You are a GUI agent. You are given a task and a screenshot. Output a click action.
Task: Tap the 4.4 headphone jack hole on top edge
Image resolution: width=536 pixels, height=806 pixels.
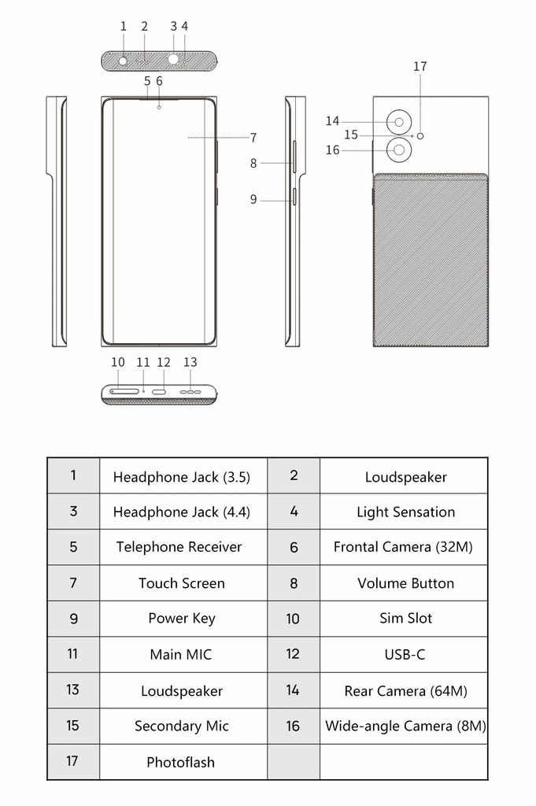173,58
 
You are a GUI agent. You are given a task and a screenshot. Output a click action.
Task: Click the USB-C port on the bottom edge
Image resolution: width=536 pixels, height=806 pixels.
160,391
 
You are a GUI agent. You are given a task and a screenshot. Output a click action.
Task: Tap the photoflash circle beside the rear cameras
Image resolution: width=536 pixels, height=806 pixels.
421,135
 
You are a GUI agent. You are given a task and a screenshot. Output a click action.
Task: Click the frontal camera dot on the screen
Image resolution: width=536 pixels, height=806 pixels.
160,106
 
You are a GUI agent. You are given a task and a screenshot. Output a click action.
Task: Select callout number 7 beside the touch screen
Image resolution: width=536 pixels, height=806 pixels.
253,138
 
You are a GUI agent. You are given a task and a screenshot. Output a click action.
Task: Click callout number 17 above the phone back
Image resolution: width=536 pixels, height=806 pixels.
420,67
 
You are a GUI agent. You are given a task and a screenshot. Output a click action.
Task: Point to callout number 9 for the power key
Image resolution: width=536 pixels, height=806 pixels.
253,200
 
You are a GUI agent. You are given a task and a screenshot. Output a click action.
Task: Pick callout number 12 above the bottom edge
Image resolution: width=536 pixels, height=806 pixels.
164,362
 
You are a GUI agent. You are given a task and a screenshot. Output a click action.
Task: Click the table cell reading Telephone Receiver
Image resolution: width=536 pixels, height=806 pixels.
179,547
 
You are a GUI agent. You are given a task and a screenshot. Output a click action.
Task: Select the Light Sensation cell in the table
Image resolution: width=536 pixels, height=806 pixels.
405,512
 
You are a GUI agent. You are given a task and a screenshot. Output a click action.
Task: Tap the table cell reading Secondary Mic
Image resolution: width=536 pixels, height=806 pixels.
182,726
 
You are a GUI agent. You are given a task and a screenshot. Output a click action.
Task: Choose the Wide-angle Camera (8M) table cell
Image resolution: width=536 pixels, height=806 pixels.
405,726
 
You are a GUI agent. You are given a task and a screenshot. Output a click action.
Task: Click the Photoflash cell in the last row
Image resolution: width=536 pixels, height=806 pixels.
181,762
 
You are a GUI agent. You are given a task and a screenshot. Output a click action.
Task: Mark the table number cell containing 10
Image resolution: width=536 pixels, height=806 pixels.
293,619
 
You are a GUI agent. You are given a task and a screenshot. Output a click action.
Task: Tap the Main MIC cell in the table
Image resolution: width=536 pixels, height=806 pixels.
181,654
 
